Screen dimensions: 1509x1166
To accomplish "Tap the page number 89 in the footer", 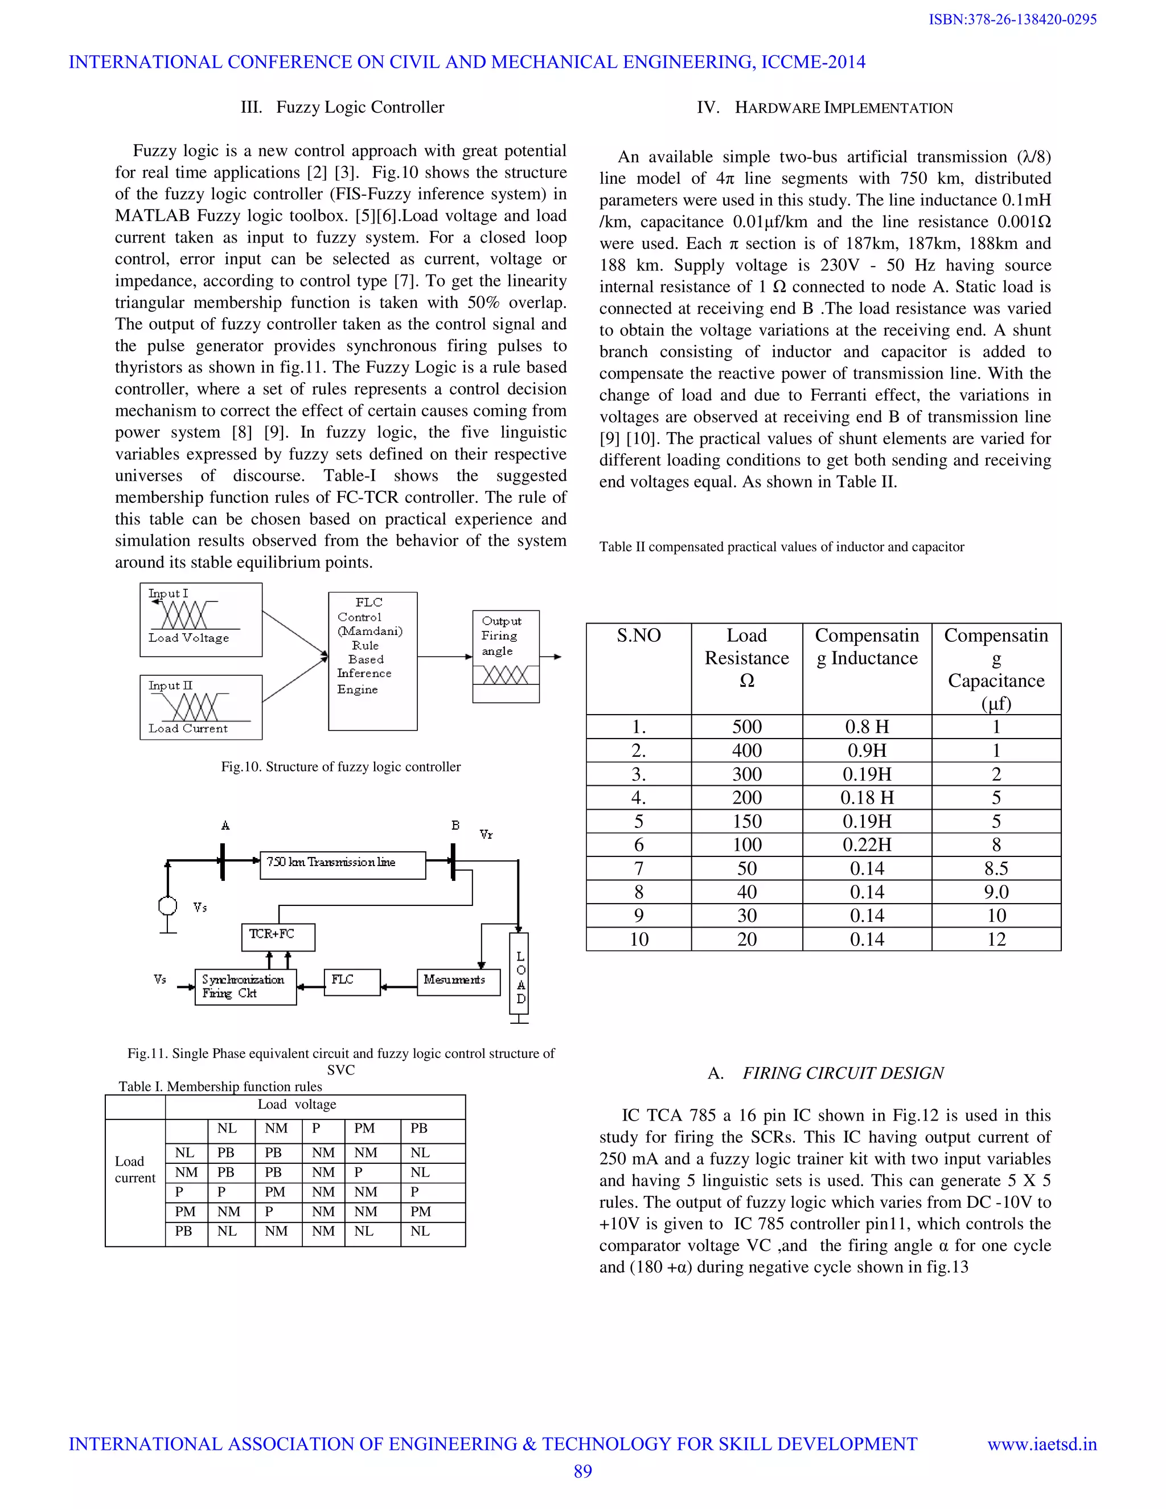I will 582,1471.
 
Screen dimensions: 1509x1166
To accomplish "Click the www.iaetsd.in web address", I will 1042,1444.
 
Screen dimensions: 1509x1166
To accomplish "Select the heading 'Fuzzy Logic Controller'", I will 359,107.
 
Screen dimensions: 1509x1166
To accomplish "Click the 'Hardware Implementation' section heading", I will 843,108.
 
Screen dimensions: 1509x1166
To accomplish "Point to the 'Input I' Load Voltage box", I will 200,620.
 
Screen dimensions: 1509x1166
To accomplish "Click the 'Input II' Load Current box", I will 200,707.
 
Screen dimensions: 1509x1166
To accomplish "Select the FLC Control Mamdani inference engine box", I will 372,661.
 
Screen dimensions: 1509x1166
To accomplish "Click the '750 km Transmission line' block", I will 343,864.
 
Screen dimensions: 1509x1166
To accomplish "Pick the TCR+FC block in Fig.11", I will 278,936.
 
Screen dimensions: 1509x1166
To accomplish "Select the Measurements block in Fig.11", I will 458,981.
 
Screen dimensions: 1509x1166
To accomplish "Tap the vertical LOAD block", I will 519,978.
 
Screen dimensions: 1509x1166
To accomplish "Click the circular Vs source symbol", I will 167,905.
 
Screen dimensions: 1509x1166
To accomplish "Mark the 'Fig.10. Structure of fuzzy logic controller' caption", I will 340,766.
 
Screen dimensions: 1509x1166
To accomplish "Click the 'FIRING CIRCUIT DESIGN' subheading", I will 842,1072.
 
